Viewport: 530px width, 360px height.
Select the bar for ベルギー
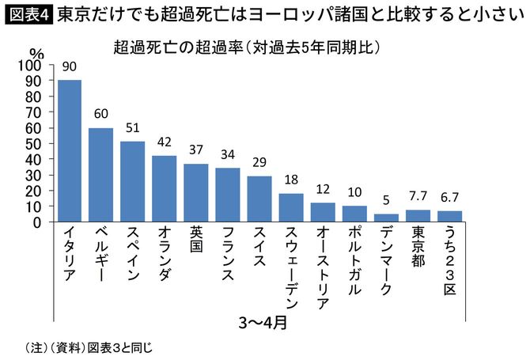(x=100, y=174)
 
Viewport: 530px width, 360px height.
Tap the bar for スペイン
(x=132, y=181)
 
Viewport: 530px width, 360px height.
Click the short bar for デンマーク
(x=385, y=218)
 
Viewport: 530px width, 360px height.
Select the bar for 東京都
(x=418, y=216)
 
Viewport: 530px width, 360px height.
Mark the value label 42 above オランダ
(x=164, y=143)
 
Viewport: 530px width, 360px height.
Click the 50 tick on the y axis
(x=36, y=143)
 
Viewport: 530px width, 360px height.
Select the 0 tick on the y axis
(x=40, y=222)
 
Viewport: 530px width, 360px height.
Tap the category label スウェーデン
(x=291, y=266)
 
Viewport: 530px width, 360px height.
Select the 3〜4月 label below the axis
(x=263, y=323)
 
